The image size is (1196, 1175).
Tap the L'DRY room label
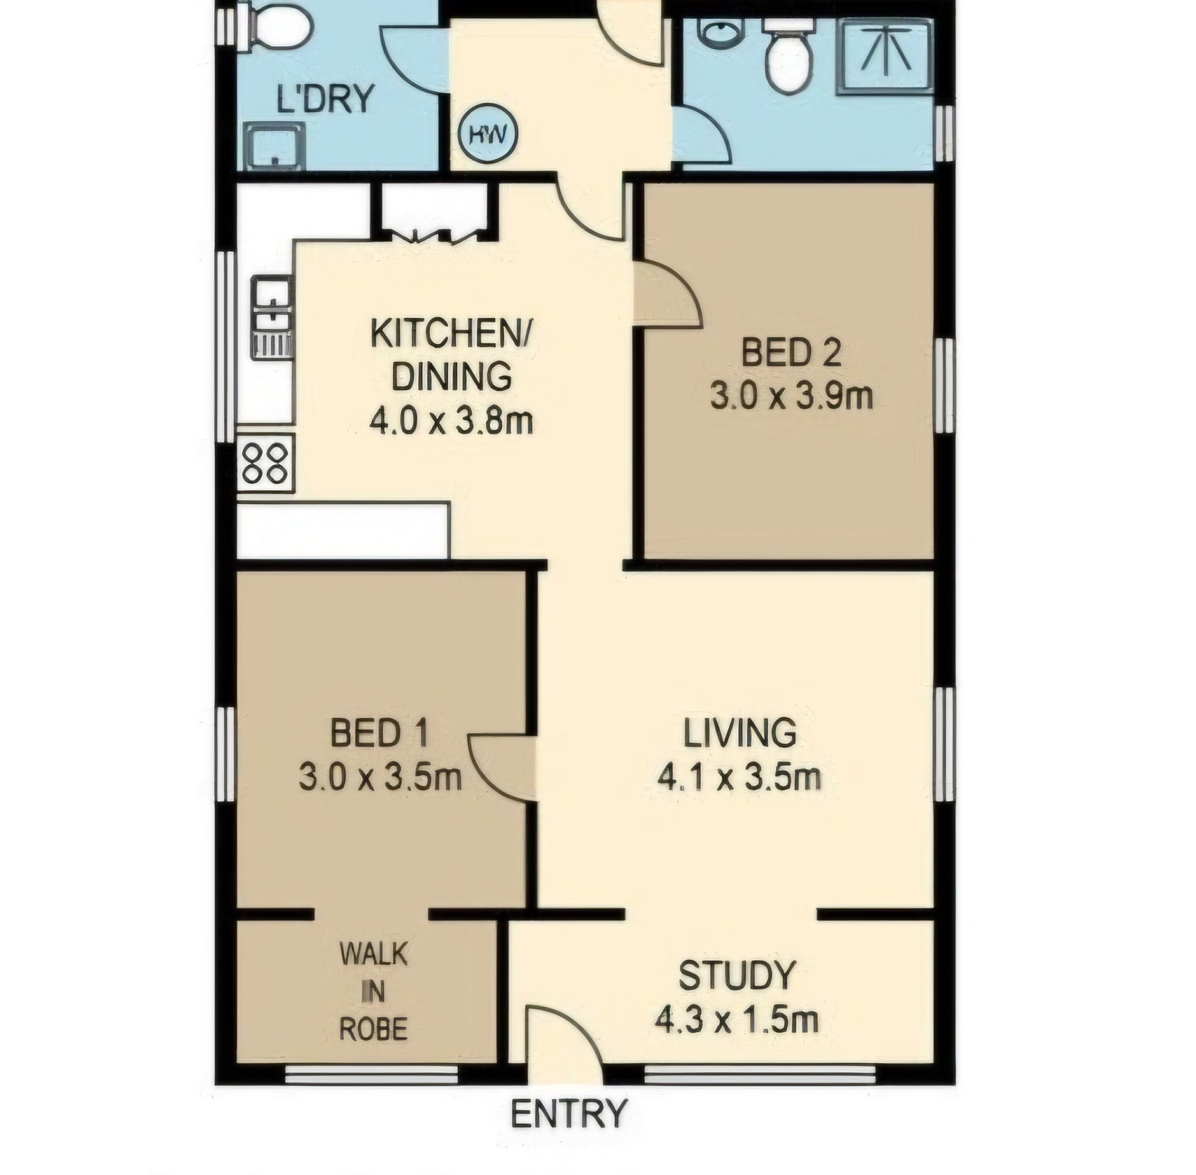(x=325, y=98)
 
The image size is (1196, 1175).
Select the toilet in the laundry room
(x=278, y=24)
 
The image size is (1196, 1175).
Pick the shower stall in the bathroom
(x=885, y=55)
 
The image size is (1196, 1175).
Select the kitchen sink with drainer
(x=272, y=318)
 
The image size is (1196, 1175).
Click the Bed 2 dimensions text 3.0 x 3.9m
(x=791, y=397)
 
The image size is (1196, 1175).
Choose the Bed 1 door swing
(x=500, y=766)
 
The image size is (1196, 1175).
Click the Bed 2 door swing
(x=667, y=293)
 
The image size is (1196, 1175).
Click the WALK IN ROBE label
(x=373, y=992)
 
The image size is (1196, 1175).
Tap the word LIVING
(x=739, y=733)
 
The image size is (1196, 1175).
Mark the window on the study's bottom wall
(x=759, y=1075)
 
